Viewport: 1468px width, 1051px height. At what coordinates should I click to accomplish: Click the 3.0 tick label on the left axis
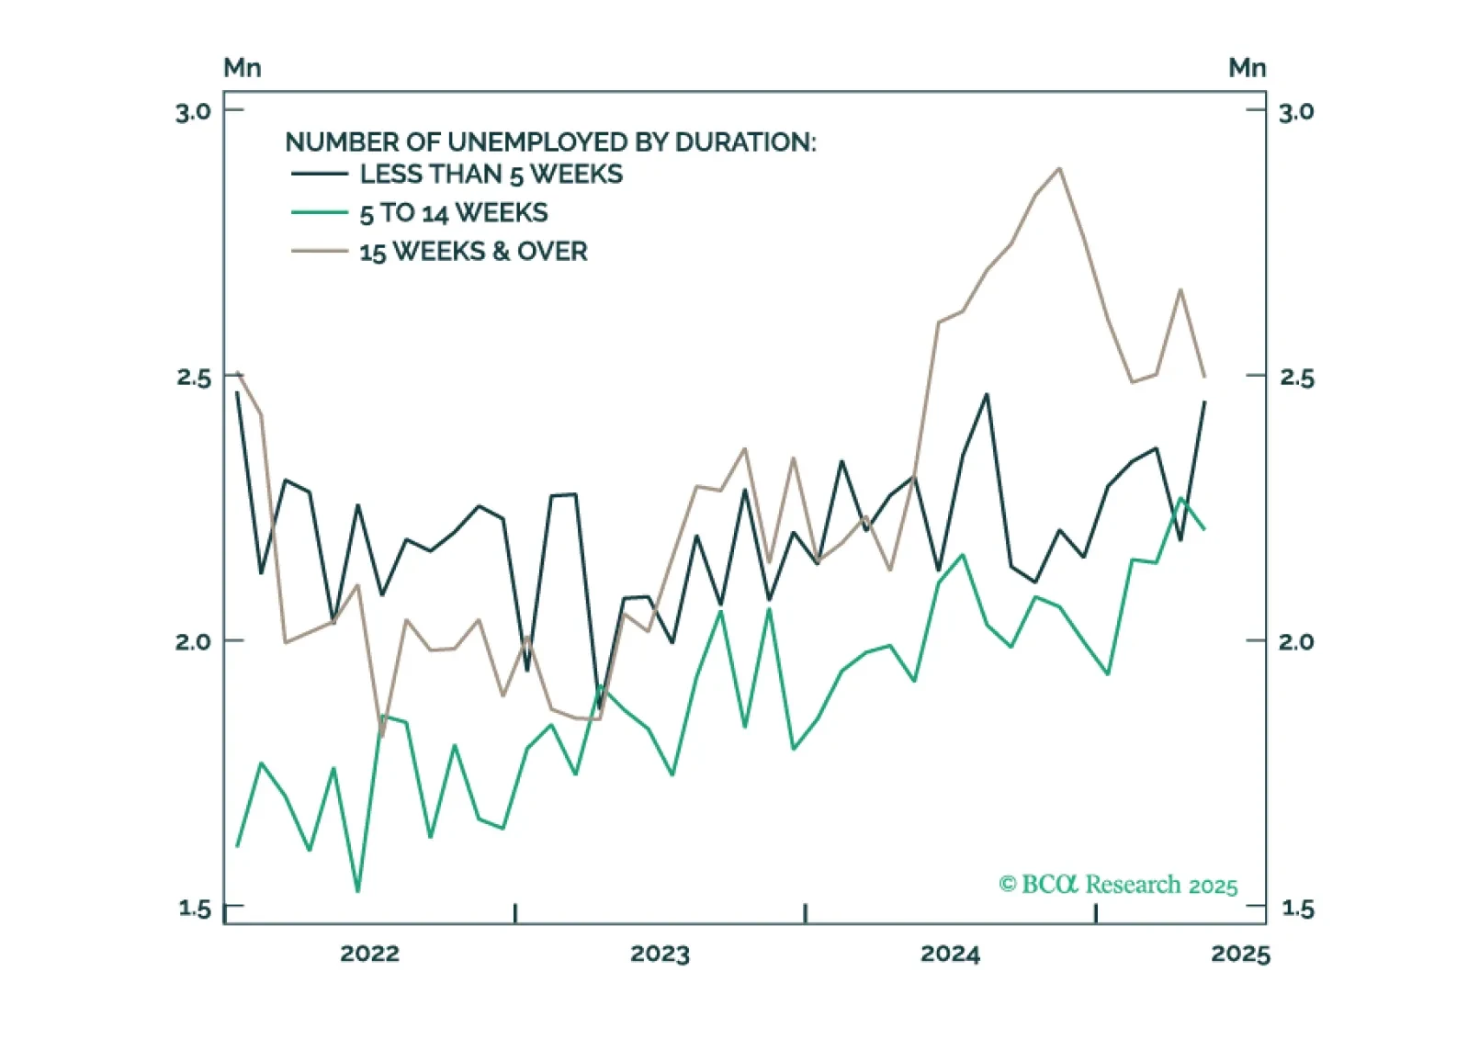click(193, 112)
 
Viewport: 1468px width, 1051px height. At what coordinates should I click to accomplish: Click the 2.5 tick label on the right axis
click(1296, 378)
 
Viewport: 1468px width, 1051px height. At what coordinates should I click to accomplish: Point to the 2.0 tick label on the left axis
click(193, 641)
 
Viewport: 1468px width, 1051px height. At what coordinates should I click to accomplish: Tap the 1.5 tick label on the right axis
click(1296, 909)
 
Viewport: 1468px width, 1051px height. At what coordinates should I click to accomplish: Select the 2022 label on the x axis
click(369, 954)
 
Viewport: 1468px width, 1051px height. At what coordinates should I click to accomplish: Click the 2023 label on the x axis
click(660, 954)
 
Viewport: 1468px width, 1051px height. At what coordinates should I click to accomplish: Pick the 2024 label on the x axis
click(950, 954)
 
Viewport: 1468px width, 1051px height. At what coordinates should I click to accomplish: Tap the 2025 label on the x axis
click(1240, 954)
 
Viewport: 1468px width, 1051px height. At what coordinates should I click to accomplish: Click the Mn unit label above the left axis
click(243, 68)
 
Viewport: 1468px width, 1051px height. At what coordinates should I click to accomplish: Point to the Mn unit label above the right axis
click(1248, 68)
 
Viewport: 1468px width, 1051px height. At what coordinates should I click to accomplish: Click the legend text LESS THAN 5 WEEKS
click(491, 175)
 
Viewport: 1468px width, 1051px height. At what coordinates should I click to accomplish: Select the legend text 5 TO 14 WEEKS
click(454, 213)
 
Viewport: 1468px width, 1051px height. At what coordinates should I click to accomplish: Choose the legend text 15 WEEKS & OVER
click(473, 252)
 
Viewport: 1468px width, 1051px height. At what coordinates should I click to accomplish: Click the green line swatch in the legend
click(320, 213)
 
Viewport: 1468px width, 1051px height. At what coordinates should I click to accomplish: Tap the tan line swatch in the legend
click(320, 251)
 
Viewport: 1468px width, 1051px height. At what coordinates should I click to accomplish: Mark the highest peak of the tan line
click(1059, 168)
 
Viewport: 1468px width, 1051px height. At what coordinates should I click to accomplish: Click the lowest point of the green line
click(357, 890)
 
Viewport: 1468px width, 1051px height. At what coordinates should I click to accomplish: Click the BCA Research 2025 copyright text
click(1118, 884)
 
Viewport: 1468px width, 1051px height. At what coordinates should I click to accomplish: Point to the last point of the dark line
click(1204, 401)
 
